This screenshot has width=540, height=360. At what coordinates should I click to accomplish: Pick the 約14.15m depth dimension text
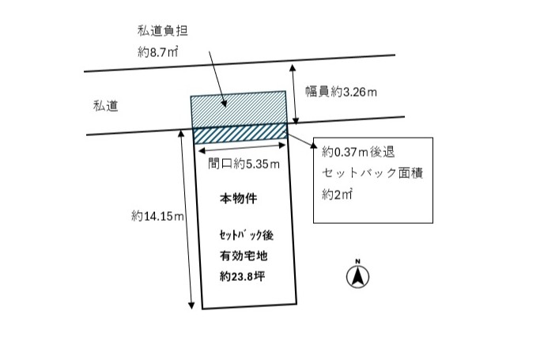158,216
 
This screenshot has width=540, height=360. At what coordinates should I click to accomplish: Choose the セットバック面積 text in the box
372,173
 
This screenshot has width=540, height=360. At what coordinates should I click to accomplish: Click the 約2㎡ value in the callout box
337,195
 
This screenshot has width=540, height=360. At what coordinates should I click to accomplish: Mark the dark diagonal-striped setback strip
240,132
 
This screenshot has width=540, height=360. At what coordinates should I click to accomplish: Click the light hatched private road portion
239,108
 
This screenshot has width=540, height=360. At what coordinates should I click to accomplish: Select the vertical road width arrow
295,94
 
